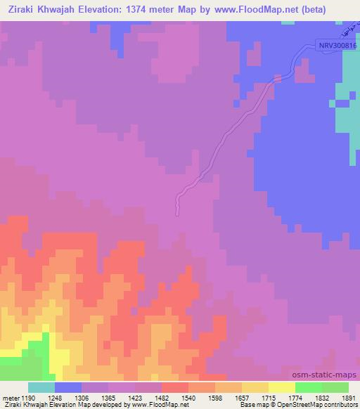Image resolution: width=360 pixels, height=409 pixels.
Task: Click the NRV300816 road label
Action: click(334, 44)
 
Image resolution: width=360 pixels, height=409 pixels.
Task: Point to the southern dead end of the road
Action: click(177, 212)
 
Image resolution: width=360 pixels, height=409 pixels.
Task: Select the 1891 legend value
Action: click(348, 398)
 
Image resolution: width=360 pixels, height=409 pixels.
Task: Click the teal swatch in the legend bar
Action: click(41, 387)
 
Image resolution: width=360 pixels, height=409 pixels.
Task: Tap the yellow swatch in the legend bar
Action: click(281, 387)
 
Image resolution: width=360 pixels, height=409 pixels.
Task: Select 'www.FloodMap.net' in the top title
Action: click(252, 10)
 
